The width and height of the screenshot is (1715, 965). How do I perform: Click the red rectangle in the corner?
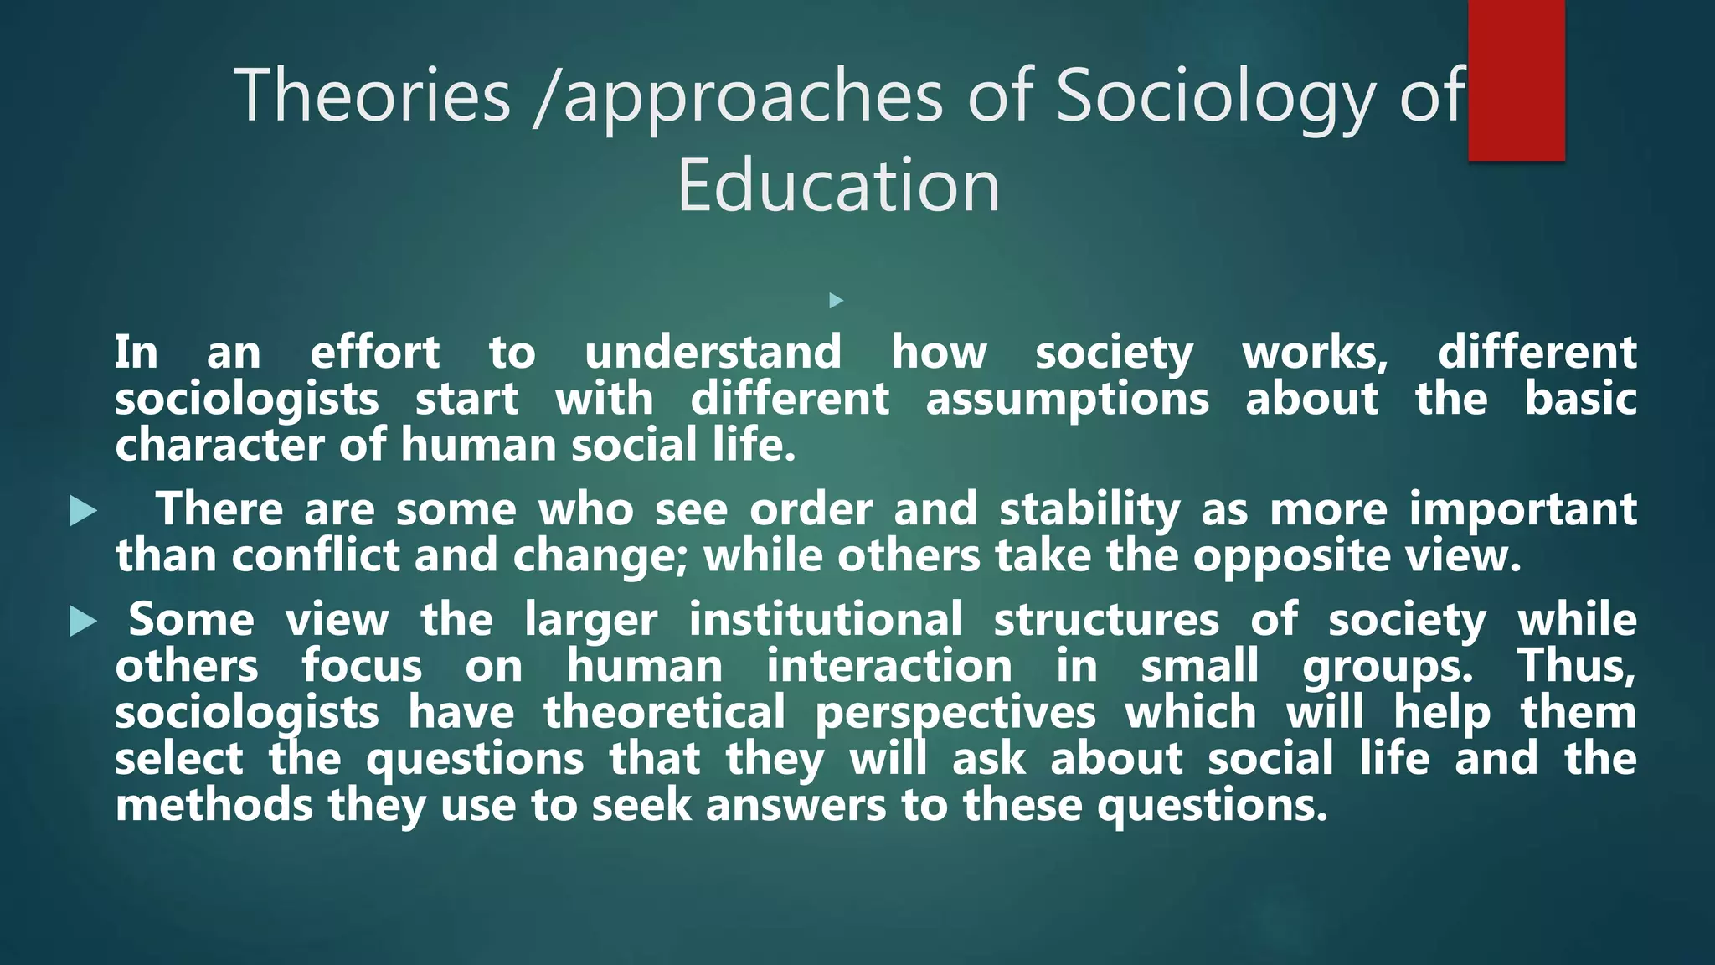tap(1516, 80)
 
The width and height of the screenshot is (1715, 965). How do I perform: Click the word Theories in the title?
tap(372, 95)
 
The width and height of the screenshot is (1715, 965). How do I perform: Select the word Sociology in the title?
tap(1214, 95)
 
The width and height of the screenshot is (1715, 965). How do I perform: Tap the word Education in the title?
tap(838, 186)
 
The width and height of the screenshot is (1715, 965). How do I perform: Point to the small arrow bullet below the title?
tap(836, 300)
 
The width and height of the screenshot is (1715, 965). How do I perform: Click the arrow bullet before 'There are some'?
tap(83, 511)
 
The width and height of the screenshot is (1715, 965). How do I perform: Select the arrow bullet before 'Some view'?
tap(83, 622)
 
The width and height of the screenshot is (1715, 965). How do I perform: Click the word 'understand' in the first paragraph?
tap(713, 352)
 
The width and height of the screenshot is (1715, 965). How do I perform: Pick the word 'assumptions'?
tap(1067, 399)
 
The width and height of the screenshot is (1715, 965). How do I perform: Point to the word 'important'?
tap(1522, 509)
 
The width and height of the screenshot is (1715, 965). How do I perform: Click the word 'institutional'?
tap(826, 620)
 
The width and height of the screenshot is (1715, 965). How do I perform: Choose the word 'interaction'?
tap(889, 667)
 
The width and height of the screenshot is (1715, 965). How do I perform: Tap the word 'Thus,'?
tap(1577, 667)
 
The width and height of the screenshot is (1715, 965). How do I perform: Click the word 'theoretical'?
tap(664, 713)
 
